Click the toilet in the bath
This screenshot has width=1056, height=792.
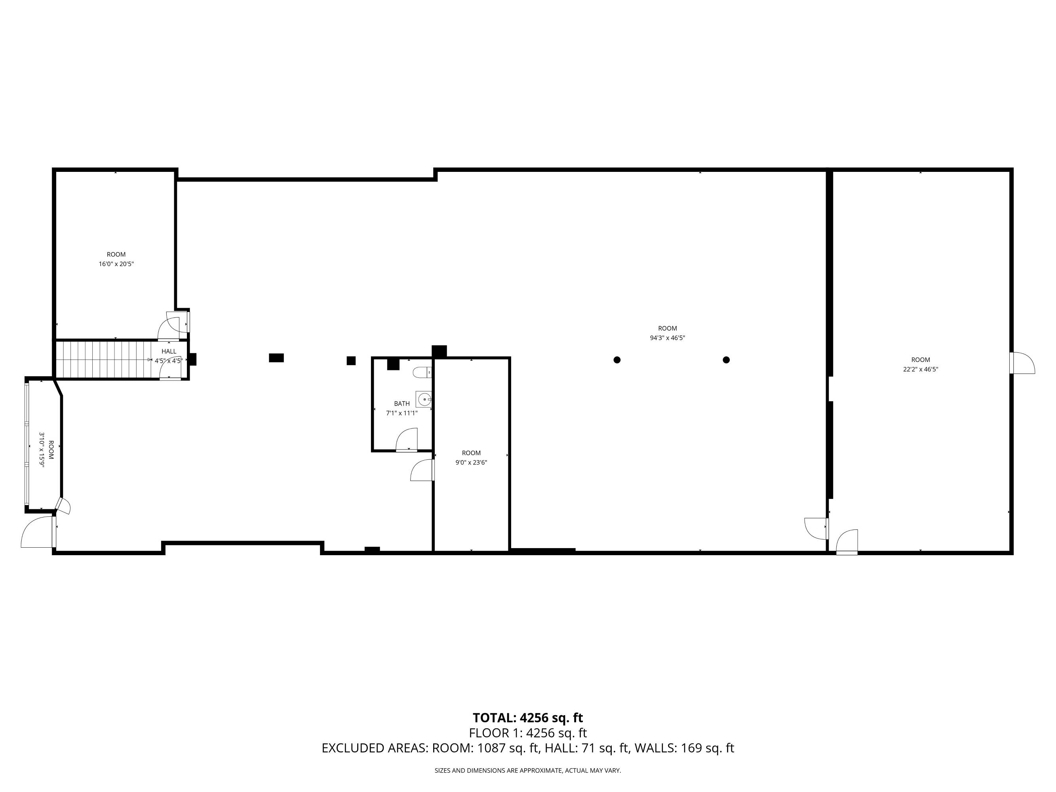(422, 372)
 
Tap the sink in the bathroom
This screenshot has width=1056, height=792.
(424, 399)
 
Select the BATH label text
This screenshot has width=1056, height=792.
(402, 404)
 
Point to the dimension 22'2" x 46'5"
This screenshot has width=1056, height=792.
(921, 369)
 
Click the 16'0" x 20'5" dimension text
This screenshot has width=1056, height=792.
(116, 264)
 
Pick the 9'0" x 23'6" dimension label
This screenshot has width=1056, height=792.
(471, 463)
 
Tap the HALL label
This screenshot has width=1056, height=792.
(169, 351)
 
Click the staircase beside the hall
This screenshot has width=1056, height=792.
(107, 360)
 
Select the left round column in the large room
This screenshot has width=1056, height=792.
(617, 360)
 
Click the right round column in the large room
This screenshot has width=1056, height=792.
(726, 360)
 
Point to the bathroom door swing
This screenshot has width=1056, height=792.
(407, 439)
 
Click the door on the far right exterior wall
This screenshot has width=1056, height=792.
(1022, 363)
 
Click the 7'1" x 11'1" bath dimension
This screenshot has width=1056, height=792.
(402, 413)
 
